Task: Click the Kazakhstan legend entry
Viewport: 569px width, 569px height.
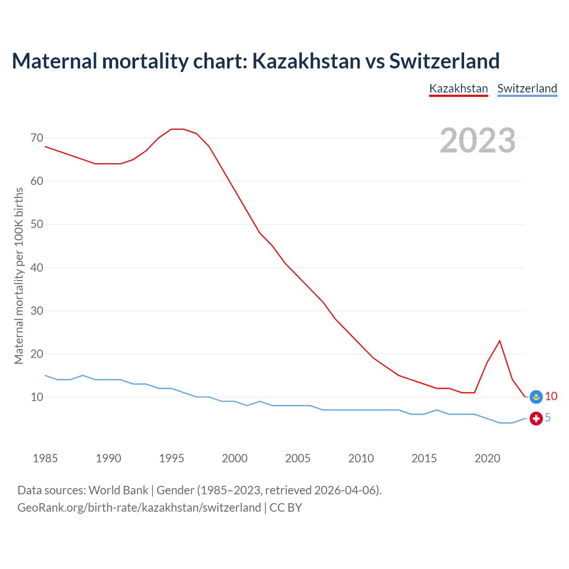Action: (x=458, y=88)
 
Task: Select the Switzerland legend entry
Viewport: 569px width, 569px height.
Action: (x=527, y=88)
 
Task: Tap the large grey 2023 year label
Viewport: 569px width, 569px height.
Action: (x=477, y=140)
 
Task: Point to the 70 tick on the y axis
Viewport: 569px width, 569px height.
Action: (x=37, y=138)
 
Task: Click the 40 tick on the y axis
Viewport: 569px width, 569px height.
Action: (x=37, y=268)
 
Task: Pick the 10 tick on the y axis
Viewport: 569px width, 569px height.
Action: (x=37, y=397)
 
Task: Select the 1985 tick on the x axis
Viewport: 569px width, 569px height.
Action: (x=45, y=458)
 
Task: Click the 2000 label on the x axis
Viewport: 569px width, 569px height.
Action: (x=235, y=458)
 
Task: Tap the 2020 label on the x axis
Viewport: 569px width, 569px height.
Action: (x=487, y=458)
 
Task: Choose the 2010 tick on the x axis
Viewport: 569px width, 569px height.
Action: (x=361, y=458)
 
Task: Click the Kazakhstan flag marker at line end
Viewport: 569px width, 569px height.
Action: (x=537, y=397)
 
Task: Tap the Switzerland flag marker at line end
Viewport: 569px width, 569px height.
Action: (x=536, y=418)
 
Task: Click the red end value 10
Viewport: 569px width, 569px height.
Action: (x=551, y=396)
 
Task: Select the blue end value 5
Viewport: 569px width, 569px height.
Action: (x=548, y=418)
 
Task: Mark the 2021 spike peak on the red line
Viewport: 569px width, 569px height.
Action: (x=500, y=341)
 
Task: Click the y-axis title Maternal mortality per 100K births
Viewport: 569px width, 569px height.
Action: (x=19, y=276)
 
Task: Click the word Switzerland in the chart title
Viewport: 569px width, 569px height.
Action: (x=445, y=61)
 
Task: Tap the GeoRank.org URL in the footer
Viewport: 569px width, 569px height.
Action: (x=139, y=508)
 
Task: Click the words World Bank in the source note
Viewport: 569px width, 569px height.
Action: (x=118, y=490)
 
